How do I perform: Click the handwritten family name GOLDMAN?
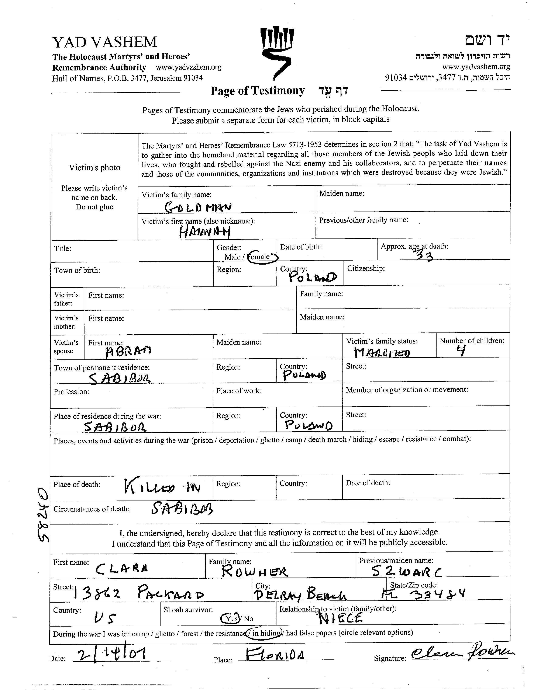pyautogui.click(x=198, y=207)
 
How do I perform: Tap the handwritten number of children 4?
pyautogui.click(x=462, y=350)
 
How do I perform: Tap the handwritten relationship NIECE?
pyautogui.click(x=340, y=618)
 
